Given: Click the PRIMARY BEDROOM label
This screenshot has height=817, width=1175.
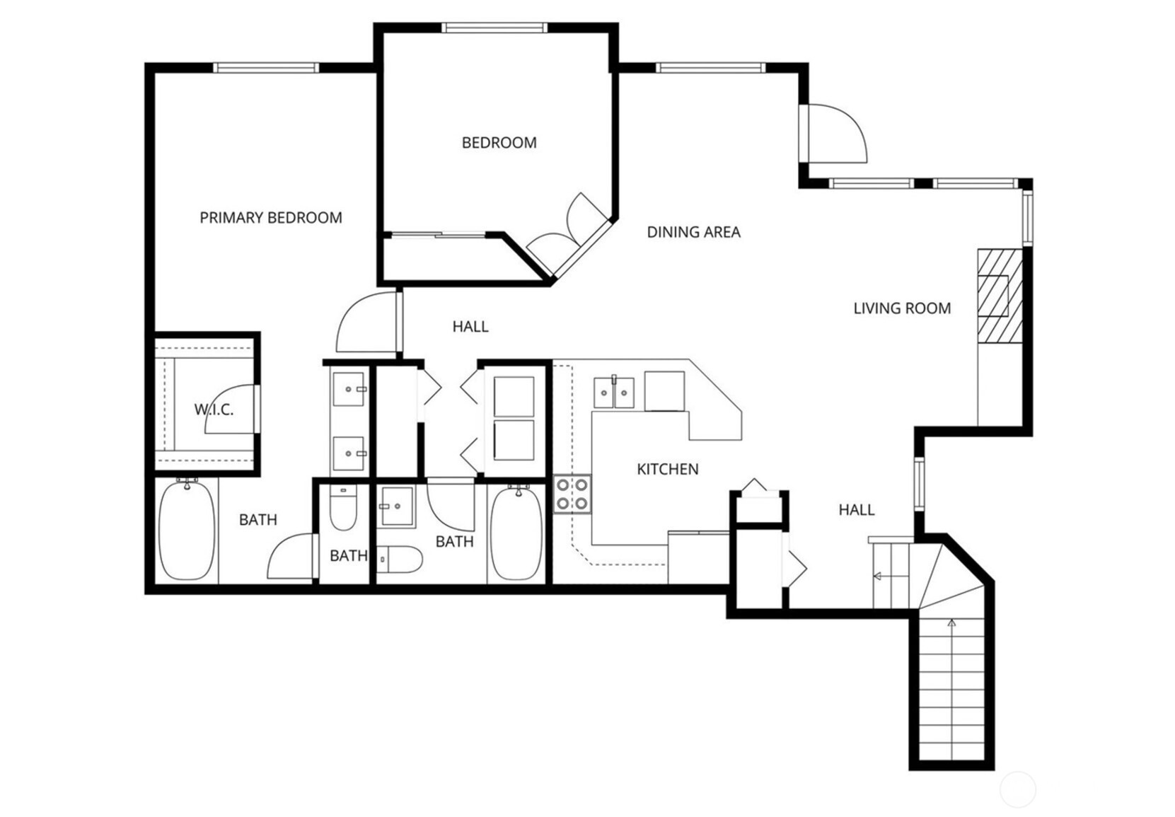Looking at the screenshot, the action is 271,218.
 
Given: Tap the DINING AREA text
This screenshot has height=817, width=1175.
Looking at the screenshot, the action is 693,232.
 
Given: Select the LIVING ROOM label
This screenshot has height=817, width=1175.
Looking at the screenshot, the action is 902,308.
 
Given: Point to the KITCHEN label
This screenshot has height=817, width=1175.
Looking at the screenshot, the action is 668,469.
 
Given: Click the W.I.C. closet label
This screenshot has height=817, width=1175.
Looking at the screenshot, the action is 214,410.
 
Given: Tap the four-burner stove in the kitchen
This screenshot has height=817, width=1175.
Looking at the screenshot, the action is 572,494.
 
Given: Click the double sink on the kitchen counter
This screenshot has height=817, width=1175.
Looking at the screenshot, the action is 614,393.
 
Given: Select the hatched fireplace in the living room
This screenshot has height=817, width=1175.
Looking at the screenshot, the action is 1000,296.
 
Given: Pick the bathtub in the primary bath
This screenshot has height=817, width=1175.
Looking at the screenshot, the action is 187,530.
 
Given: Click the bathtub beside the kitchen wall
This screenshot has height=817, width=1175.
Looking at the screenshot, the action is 516,533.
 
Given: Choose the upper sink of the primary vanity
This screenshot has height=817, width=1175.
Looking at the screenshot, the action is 349,389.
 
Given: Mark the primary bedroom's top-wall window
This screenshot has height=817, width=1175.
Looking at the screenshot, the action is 266,68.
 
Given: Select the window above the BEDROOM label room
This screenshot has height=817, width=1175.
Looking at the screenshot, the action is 494,28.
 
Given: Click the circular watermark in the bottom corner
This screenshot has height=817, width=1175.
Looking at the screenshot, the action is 1018,789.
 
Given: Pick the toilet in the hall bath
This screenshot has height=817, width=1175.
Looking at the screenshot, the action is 400,560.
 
